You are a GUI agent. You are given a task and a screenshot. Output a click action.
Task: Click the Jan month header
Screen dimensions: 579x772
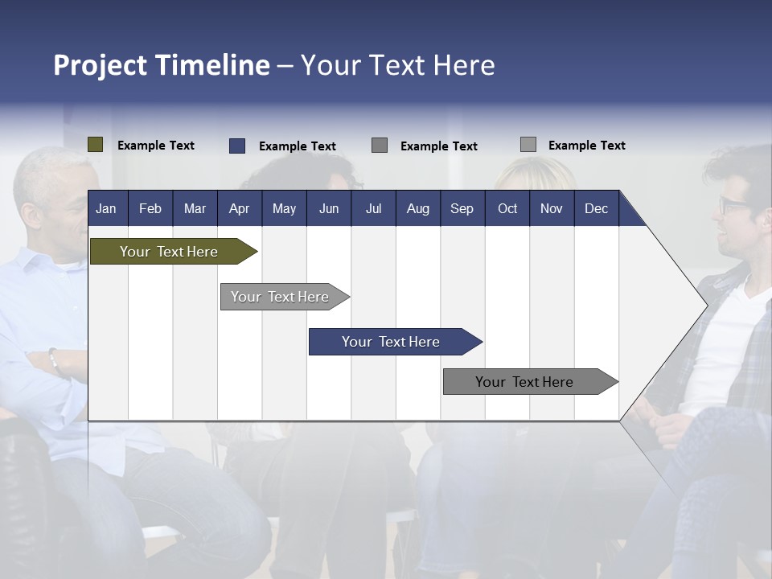click(x=106, y=208)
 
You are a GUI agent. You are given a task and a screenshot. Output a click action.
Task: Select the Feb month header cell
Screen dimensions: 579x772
click(x=150, y=208)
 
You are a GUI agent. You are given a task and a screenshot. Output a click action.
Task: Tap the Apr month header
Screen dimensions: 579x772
click(x=239, y=208)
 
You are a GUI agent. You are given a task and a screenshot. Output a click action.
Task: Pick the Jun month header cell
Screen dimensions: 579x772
click(x=329, y=208)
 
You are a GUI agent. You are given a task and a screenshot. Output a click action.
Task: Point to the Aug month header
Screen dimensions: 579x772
click(x=417, y=208)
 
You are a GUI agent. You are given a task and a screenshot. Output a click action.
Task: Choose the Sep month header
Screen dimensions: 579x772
click(x=462, y=208)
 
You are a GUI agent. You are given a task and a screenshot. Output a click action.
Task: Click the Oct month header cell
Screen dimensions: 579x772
click(x=507, y=208)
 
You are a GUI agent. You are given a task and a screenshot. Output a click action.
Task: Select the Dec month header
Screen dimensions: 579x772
click(x=596, y=208)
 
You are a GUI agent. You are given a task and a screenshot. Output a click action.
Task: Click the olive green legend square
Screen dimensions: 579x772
click(x=95, y=145)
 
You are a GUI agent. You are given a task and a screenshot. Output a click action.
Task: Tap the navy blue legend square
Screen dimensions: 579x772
click(x=236, y=146)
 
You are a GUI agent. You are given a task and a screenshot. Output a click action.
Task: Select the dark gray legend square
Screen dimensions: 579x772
click(x=380, y=146)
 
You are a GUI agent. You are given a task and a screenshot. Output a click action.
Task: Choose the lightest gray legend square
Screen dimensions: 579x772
click(x=528, y=145)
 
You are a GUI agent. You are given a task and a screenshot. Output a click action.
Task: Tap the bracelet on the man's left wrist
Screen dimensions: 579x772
click(x=55, y=361)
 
